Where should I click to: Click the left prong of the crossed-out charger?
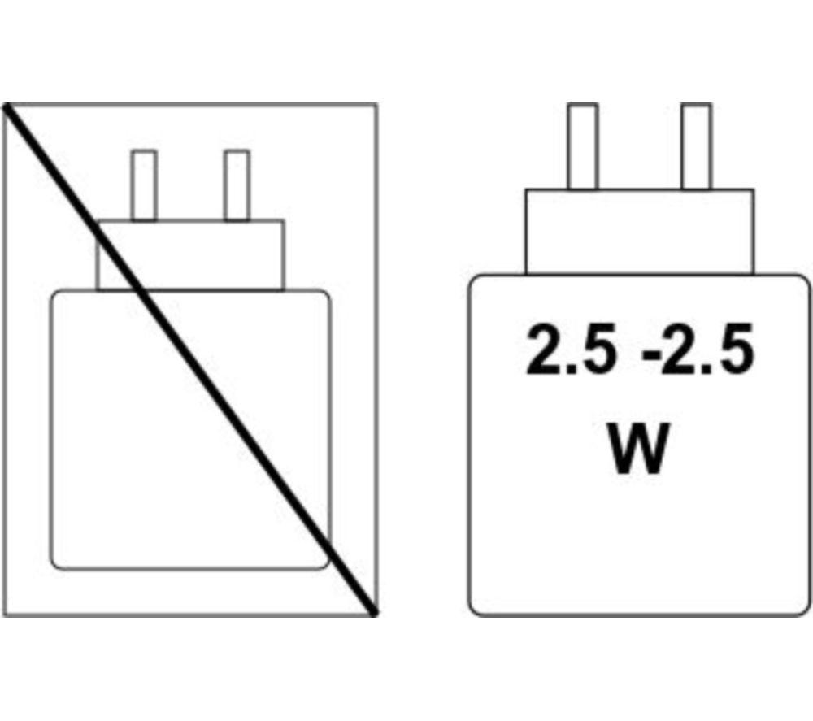144,185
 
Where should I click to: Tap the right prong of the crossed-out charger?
237,185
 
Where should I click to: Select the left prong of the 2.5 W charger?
582,146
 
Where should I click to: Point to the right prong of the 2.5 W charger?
697,146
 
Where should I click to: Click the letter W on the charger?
638,449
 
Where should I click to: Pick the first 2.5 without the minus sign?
572,349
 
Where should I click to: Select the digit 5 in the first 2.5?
602,349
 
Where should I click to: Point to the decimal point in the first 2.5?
572,367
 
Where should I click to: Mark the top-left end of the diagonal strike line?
7,106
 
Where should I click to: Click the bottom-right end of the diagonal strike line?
374,614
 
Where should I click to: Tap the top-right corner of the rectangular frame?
376,105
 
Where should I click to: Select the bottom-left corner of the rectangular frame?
3,615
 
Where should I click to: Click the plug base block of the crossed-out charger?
190,255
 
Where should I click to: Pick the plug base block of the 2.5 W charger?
639,232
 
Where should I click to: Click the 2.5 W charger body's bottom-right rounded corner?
804,610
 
